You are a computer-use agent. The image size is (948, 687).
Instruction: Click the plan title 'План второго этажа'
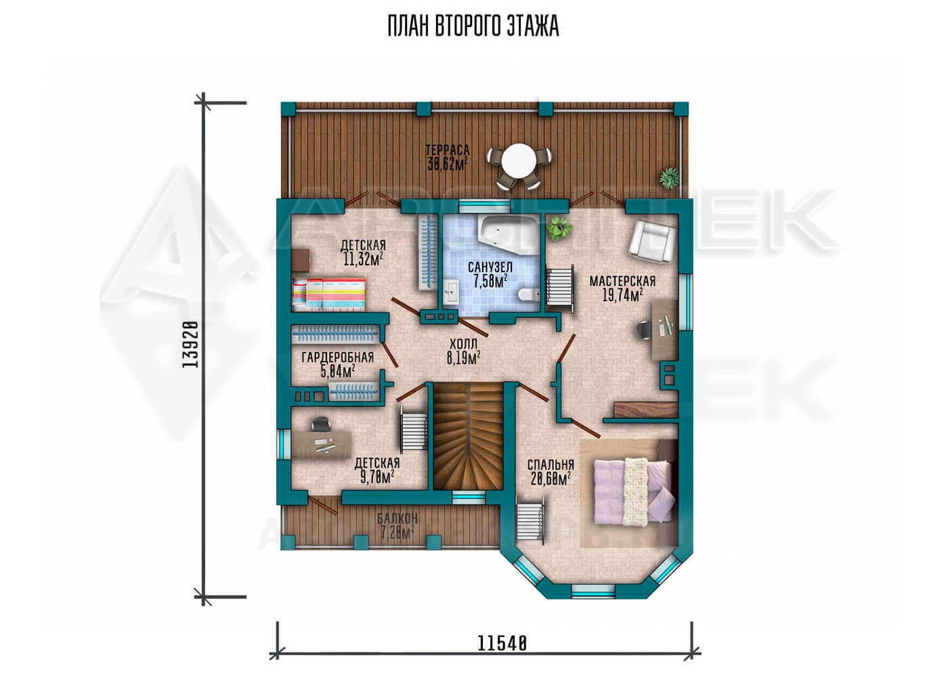[x=473, y=26]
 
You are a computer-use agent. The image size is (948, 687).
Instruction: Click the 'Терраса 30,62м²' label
[x=448, y=157]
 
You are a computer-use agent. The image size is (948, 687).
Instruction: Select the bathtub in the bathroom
[x=509, y=235]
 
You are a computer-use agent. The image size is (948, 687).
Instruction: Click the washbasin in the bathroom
[x=452, y=292]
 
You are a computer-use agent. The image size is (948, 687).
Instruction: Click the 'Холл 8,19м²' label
[x=463, y=351]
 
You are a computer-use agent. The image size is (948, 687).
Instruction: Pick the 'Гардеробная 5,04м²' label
[x=338, y=364]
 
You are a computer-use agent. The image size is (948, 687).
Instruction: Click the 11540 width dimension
[x=502, y=656]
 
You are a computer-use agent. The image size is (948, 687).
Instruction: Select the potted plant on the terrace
[x=669, y=178]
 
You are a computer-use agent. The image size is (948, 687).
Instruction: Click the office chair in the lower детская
[x=321, y=423]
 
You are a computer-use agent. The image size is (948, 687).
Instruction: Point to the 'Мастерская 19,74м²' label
[x=622, y=288]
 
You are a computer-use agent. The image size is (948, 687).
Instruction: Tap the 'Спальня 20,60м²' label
[x=551, y=472]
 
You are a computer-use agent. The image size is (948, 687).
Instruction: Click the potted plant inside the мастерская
[x=560, y=229]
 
